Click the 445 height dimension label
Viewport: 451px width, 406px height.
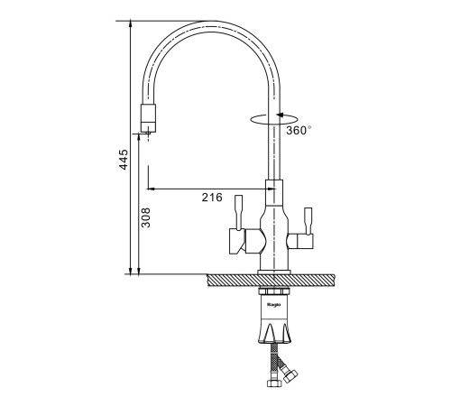tap(124, 160)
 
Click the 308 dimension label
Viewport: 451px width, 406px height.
tap(146, 217)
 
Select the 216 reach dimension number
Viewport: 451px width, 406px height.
tap(212, 198)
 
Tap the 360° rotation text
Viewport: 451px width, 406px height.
tap(299, 130)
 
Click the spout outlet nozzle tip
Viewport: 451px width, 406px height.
tap(149, 117)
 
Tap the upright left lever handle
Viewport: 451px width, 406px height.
tap(238, 213)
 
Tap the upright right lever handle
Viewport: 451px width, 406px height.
tap(308, 221)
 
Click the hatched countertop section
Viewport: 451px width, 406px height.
tap(272, 281)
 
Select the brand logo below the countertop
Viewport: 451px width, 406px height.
tap(273, 305)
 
